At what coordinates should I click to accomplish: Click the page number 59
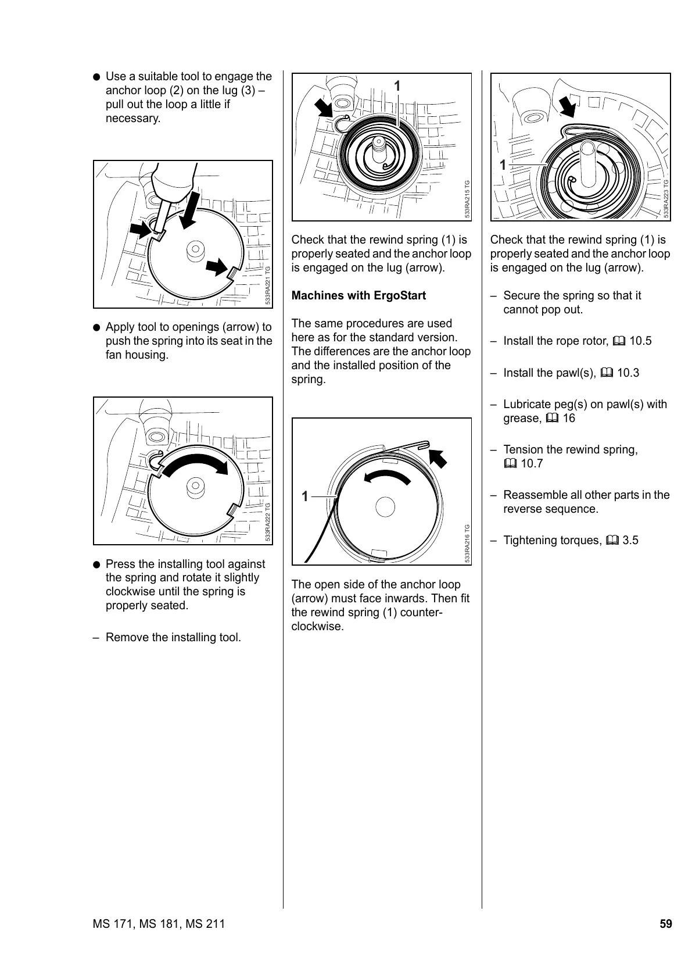(x=665, y=924)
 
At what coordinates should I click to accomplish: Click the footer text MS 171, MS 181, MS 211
(x=159, y=924)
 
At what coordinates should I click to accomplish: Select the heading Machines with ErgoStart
(x=358, y=295)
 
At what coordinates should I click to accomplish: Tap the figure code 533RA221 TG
(x=267, y=285)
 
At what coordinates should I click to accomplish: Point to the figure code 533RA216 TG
(x=467, y=544)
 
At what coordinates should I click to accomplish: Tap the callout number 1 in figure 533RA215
(x=397, y=86)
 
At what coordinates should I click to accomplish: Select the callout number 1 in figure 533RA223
(x=503, y=165)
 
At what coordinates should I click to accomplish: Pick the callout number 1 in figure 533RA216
(x=304, y=496)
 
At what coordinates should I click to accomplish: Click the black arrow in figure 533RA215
(x=324, y=109)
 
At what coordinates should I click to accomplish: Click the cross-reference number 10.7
(x=532, y=463)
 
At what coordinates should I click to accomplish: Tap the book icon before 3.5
(x=612, y=541)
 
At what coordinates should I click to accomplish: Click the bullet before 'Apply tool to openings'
(x=97, y=327)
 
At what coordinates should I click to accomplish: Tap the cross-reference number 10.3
(x=628, y=373)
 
